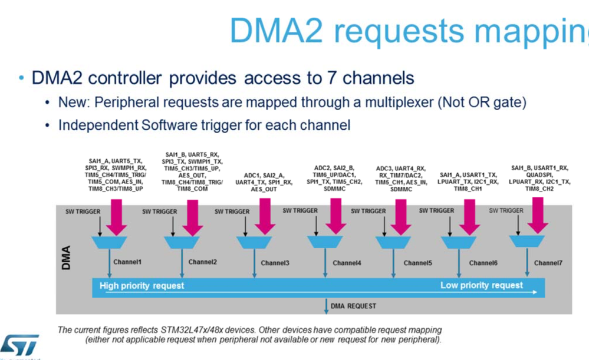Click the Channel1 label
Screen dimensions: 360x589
[x=129, y=262]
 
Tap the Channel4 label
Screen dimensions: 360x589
[x=347, y=263]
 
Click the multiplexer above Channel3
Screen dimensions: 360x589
[x=254, y=243]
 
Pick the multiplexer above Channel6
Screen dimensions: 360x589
[x=459, y=243]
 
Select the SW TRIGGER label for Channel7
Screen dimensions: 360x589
[x=506, y=210]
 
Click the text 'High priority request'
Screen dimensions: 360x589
[x=142, y=286]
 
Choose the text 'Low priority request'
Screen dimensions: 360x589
[x=481, y=285]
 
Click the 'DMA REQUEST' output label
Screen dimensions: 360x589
[x=353, y=306]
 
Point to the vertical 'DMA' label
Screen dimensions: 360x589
[x=67, y=259]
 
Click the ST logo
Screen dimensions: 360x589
[x=19, y=345]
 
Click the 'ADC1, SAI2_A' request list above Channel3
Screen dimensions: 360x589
[x=264, y=174]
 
